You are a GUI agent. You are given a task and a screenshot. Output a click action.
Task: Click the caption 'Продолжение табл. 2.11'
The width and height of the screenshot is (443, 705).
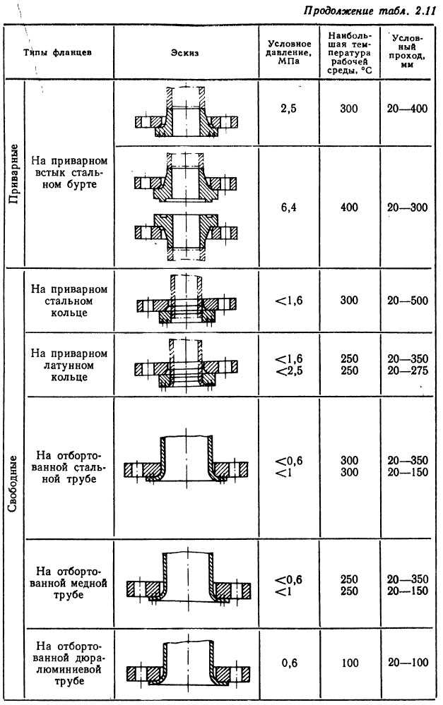coord(370,11)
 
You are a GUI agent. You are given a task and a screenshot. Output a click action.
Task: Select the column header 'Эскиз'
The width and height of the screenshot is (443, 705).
coord(185,53)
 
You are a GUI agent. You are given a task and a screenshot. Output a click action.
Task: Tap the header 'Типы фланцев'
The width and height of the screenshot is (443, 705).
coord(58,53)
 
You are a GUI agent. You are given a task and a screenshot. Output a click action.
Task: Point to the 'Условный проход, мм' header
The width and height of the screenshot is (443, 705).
coord(406,50)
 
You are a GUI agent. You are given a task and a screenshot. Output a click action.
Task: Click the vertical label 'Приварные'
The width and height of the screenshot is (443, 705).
coord(14,174)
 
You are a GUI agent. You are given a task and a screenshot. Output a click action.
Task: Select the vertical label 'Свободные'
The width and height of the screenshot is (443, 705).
coord(13,483)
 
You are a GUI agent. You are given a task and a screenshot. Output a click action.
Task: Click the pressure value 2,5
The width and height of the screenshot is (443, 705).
coord(288,109)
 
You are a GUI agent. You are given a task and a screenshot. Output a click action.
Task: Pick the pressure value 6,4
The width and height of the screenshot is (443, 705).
coord(288,207)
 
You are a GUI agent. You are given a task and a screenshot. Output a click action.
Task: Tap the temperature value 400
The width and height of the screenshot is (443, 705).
coord(349,207)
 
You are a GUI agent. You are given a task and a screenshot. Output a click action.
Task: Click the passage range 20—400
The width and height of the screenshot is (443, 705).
coord(408,109)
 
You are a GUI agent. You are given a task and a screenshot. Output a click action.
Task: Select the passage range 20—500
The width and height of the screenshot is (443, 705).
coord(408,301)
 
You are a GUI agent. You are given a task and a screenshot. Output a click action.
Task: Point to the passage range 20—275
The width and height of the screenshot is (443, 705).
coord(408,371)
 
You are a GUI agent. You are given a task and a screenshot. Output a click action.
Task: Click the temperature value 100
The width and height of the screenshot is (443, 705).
coord(350,663)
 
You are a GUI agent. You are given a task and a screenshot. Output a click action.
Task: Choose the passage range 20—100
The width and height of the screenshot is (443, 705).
coord(408,662)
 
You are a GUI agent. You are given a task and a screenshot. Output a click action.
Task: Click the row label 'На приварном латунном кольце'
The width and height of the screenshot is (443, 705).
coord(69,365)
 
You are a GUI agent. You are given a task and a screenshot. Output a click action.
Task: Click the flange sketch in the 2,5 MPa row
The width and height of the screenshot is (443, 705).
coord(187,112)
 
